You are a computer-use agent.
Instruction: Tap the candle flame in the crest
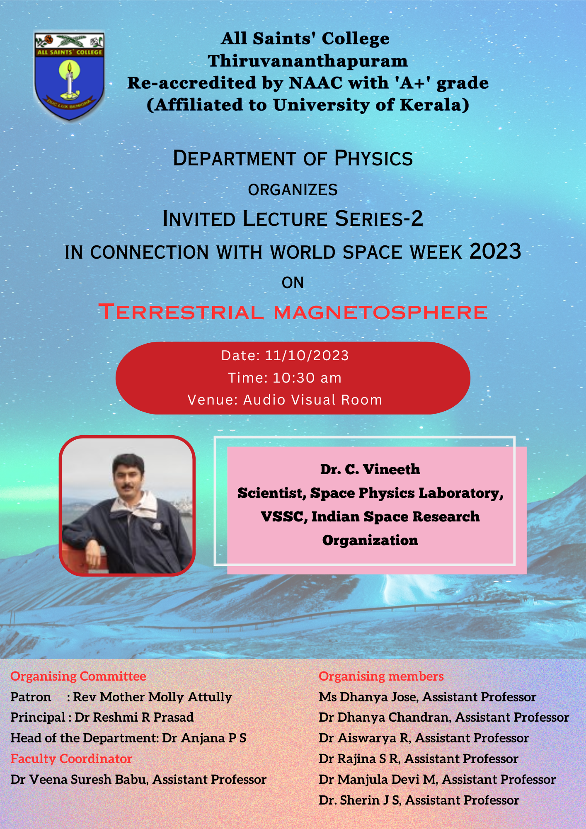(x=70, y=67)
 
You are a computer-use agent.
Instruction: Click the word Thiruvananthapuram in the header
(x=308, y=61)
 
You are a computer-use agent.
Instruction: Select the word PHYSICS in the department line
(x=373, y=158)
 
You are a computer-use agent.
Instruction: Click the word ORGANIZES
(x=293, y=190)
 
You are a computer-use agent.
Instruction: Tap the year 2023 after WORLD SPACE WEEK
(x=495, y=251)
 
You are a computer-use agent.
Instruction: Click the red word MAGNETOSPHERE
(x=380, y=312)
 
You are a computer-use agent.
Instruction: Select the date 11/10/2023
(x=307, y=356)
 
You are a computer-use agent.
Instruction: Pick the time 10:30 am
(x=307, y=378)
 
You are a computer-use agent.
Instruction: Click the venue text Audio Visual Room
(x=312, y=400)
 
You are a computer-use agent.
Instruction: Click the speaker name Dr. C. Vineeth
(x=370, y=469)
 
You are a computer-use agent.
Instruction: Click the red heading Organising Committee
(x=78, y=676)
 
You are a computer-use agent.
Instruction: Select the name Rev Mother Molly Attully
(x=153, y=697)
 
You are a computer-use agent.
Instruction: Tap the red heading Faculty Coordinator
(x=71, y=759)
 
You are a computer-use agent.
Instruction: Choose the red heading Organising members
(x=381, y=676)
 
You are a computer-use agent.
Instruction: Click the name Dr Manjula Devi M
(x=377, y=780)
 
